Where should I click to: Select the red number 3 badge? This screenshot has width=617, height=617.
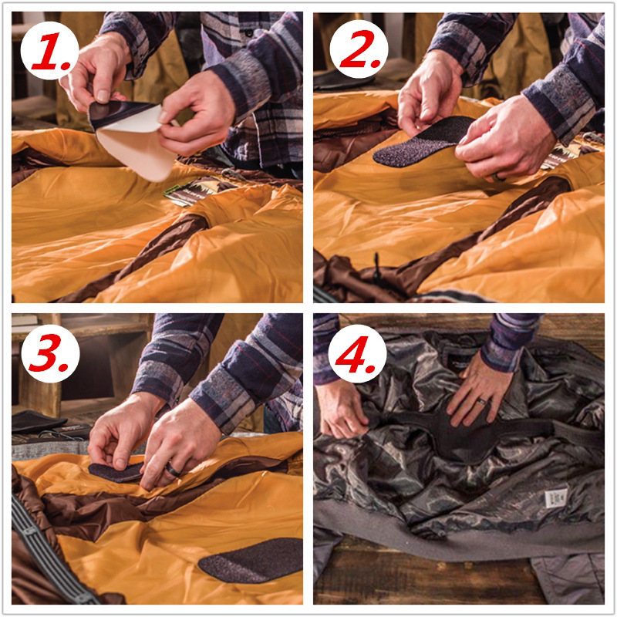49,352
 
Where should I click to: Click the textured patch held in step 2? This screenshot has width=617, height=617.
420,143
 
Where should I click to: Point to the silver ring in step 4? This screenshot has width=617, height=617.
480,402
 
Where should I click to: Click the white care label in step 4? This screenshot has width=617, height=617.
555,497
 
